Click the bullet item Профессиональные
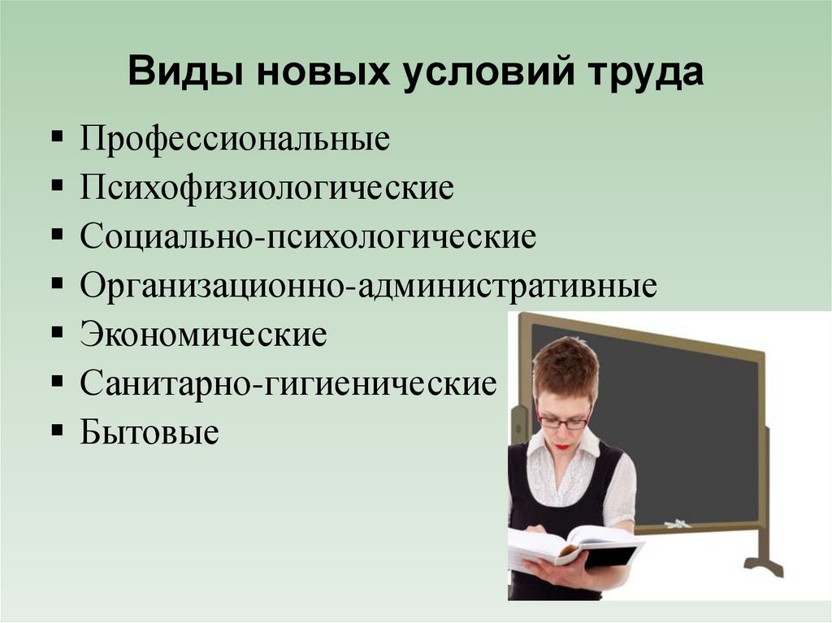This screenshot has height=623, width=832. pos(235,139)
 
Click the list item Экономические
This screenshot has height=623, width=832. pos(203,334)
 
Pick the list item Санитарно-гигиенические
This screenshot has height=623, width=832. pos(288,383)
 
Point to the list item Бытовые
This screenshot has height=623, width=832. pos(149,431)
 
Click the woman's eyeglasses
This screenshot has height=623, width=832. pos(562,421)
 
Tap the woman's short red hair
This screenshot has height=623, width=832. pos(566,366)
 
